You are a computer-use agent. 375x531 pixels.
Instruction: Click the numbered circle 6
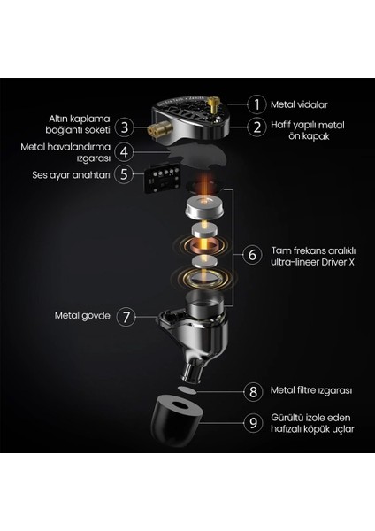253,255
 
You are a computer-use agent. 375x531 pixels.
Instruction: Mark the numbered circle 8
253,391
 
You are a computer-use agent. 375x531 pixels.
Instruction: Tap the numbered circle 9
253,423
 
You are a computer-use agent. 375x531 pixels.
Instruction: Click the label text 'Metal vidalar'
299,104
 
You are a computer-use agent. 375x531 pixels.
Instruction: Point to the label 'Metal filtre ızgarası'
311,391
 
